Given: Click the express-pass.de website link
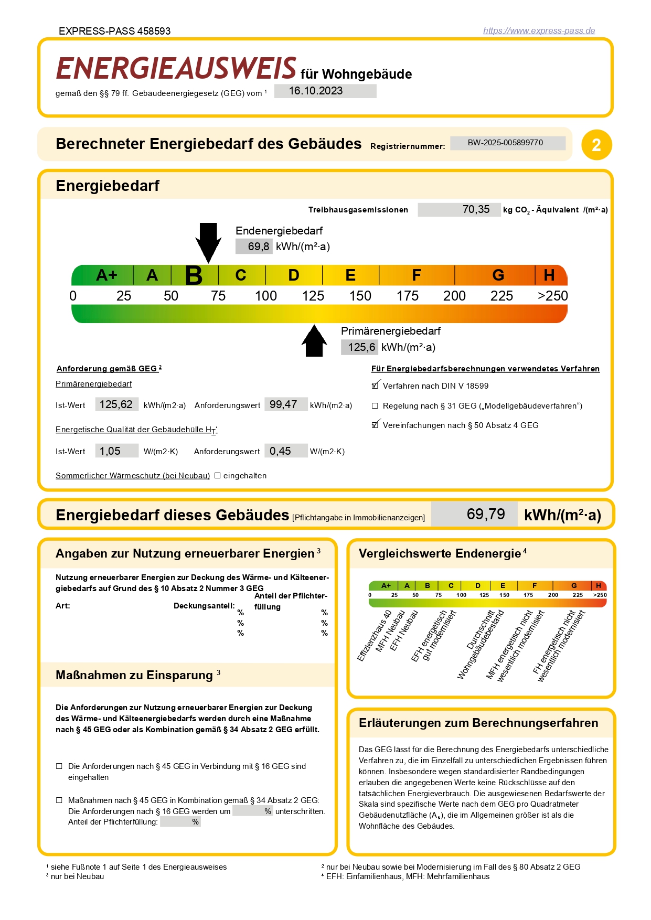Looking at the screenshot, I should click(539, 30).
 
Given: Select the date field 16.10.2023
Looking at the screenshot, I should click(325, 91).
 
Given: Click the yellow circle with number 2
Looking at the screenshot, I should click(596, 145).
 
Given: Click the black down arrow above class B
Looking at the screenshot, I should click(208, 242).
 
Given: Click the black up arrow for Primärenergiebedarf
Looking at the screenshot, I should click(314, 341).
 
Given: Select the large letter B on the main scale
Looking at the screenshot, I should click(194, 275).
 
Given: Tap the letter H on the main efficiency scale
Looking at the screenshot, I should click(549, 275).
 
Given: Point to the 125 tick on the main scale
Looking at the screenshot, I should click(313, 296).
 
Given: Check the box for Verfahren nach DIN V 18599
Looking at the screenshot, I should click(375, 386).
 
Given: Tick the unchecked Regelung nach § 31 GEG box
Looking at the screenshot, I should click(375, 406).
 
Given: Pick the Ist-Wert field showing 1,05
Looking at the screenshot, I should click(116, 451).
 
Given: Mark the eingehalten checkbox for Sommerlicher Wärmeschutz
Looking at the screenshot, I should click(218, 476).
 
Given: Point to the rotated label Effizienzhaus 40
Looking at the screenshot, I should click(374, 636).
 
